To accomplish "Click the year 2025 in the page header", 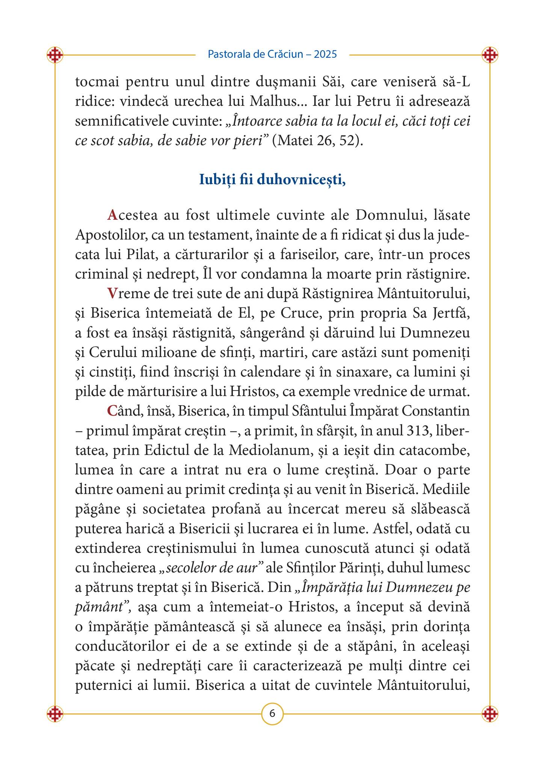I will pyautogui.click(x=325, y=54).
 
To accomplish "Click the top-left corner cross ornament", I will pyautogui.click(x=55, y=55).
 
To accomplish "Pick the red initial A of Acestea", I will pyautogui.click(x=112, y=215).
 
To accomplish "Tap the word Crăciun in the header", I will pyautogui.click(x=285, y=54).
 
